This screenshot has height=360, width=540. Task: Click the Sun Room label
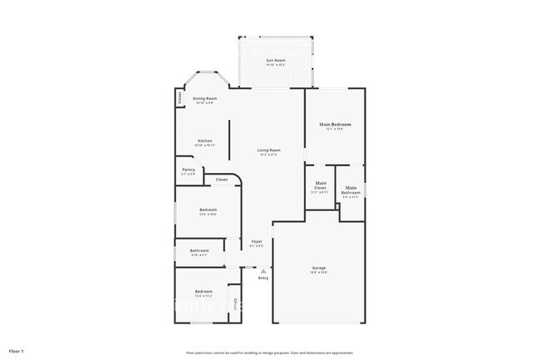point(276,61)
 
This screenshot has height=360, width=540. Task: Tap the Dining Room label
point(204,98)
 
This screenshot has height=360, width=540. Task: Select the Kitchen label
point(204,141)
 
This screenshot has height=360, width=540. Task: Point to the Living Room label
point(268,150)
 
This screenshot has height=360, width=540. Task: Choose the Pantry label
point(189,170)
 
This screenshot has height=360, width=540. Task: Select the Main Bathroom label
point(351,190)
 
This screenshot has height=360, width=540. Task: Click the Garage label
point(319,268)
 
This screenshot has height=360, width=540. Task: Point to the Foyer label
point(257,242)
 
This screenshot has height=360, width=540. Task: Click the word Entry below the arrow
point(263,278)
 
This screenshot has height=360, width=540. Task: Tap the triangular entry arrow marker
point(263,270)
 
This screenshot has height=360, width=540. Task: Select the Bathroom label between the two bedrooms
point(199,250)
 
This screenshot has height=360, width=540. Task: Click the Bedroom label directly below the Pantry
point(208,210)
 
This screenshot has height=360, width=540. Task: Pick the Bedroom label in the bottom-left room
point(204,291)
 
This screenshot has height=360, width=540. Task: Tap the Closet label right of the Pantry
point(222,179)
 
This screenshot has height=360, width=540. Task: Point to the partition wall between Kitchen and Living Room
point(230,137)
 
